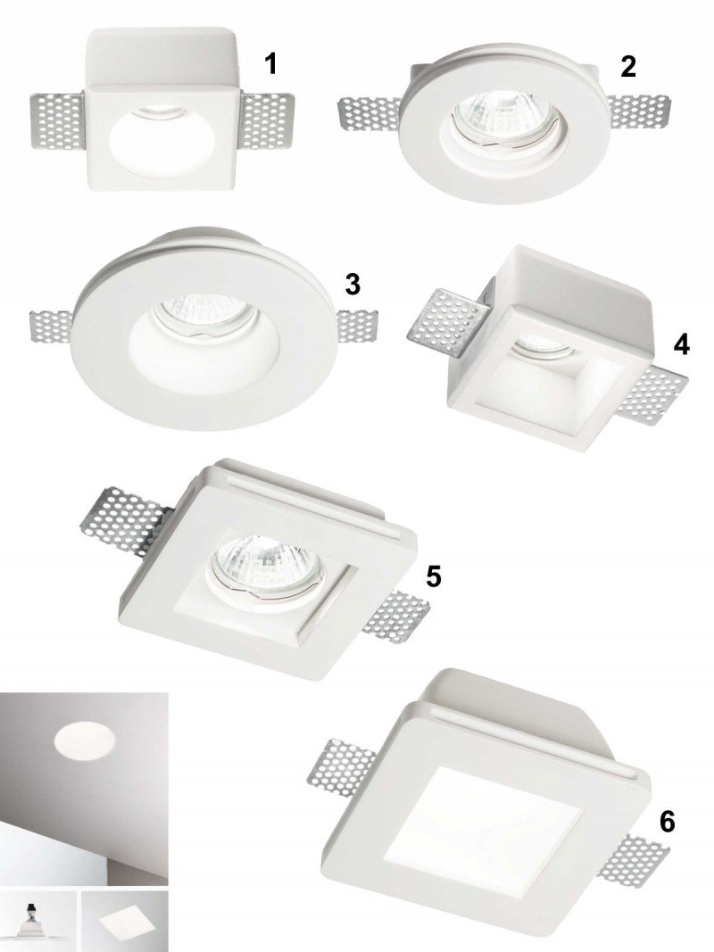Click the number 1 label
point(271,64)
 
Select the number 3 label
point(353,284)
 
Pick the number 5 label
point(433,576)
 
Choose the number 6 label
point(667,822)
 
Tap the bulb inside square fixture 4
point(544,347)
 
